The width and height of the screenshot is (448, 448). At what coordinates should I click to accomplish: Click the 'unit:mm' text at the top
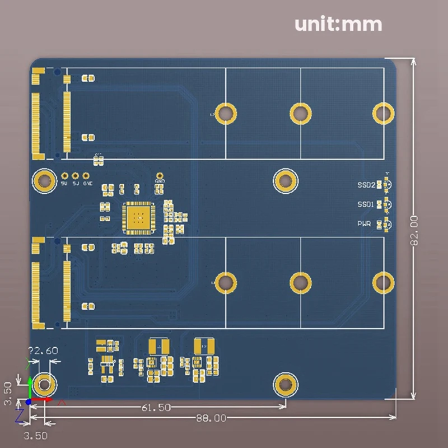338,25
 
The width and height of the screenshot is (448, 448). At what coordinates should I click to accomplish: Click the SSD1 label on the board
366,205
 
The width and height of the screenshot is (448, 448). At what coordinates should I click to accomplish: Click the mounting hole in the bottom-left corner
44,385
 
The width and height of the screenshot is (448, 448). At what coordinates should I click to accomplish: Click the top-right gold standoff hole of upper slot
384,113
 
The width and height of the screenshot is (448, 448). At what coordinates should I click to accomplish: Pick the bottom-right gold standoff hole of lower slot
384,283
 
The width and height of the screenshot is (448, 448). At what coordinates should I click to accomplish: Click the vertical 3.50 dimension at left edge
7,393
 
